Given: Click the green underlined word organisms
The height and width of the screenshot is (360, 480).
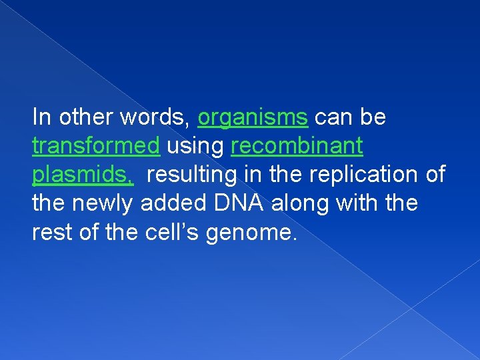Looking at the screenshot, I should (x=253, y=118).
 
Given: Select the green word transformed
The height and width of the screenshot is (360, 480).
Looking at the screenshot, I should (x=96, y=146).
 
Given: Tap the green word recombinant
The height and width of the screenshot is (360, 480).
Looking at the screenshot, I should (x=297, y=146).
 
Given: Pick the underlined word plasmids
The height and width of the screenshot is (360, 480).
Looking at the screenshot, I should (x=83, y=175).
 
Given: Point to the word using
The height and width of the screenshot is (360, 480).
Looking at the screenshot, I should (x=195, y=146).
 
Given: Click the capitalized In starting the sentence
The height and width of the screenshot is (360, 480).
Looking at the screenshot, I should (x=41, y=118).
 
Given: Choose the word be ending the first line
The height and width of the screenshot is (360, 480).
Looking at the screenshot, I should (x=373, y=118).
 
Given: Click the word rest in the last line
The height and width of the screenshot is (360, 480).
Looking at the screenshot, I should (x=51, y=231).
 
